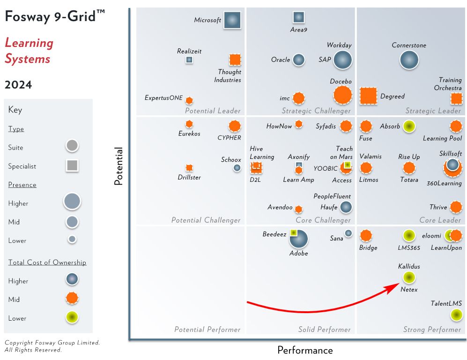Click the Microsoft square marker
(x=232, y=20)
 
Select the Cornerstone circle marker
(x=409, y=60)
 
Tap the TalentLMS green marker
(x=456, y=315)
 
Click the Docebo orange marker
(x=342, y=95)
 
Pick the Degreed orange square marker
(x=368, y=96)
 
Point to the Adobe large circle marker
(x=298, y=239)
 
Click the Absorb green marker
(x=409, y=127)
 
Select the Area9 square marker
(x=298, y=17)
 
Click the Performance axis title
(x=305, y=350)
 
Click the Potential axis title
(x=119, y=166)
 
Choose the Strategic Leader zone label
(x=433, y=111)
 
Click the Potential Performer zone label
(x=207, y=330)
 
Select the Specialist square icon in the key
(x=72, y=166)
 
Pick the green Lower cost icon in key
(x=72, y=318)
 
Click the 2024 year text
(x=18, y=85)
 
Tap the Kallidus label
(x=409, y=266)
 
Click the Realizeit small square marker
(x=189, y=60)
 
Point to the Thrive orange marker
(x=456, y=207)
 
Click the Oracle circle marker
(x=298, y=60)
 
